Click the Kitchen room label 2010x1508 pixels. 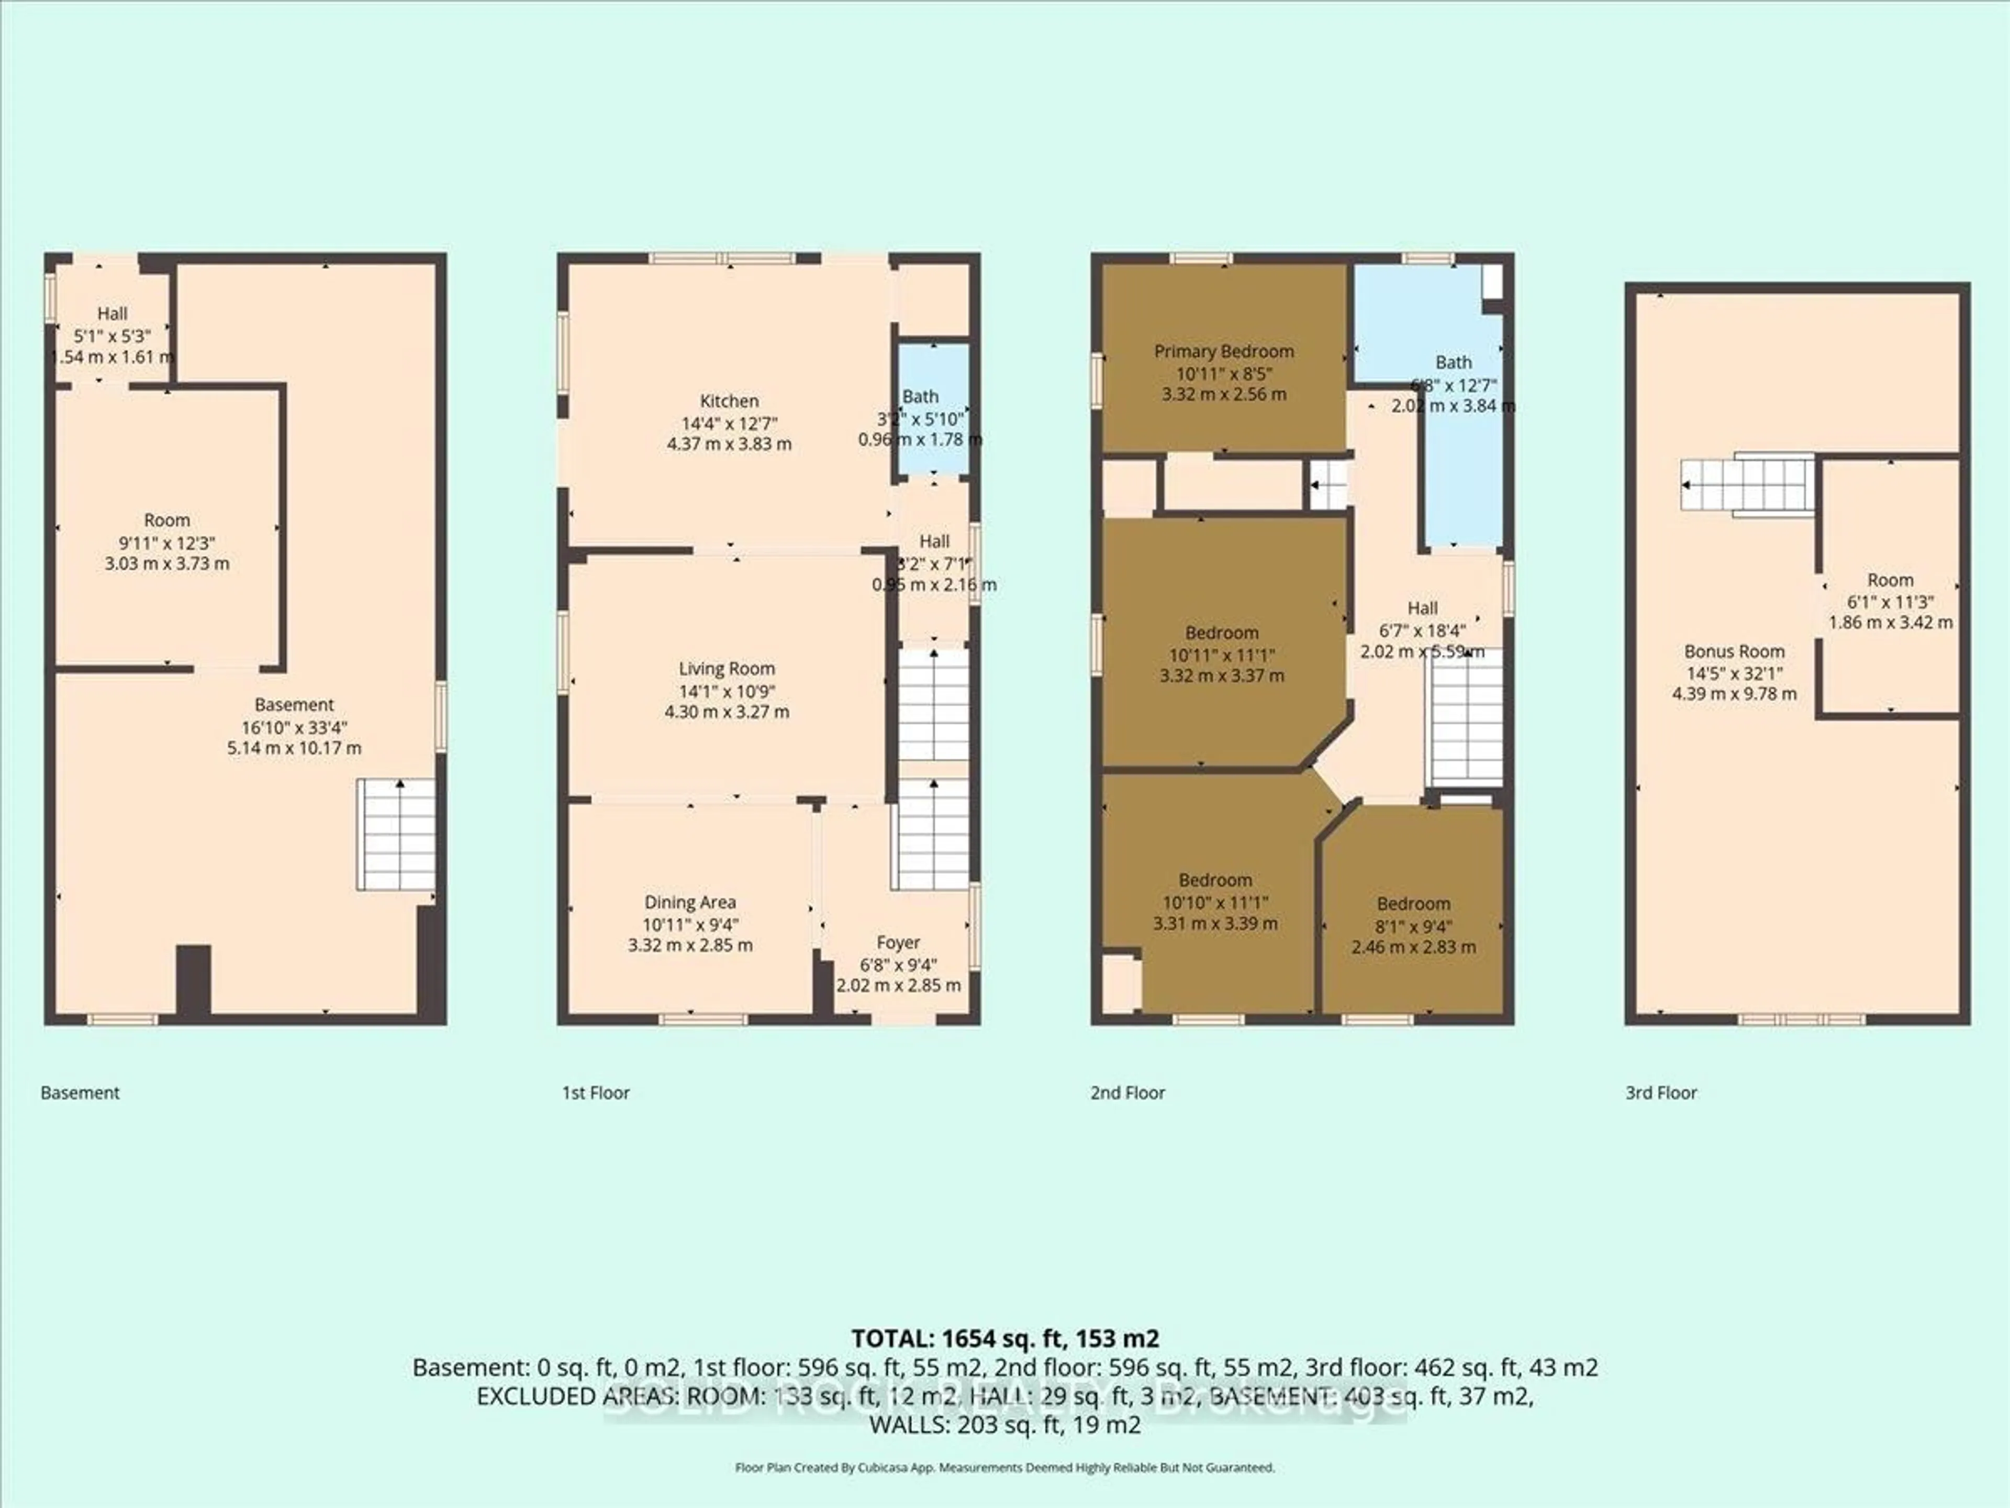pos(729,401)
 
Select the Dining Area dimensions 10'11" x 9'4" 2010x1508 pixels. pos(690,924)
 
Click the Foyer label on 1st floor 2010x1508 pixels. pos(898,942)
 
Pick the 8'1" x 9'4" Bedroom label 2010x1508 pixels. pos(1413,904)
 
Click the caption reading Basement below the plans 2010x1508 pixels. pos(80,1093)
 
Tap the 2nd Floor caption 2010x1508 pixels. pos(1127,1093)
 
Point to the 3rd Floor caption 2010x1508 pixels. pos(1660,1093)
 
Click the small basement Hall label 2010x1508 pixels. pos(113,314)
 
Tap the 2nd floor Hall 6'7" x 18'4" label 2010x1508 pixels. pos(1422,608)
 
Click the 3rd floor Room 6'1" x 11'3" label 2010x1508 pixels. pos(1890,580)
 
